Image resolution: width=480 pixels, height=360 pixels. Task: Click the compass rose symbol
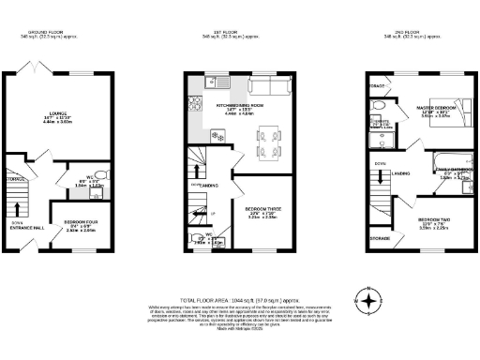coord(372,302)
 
